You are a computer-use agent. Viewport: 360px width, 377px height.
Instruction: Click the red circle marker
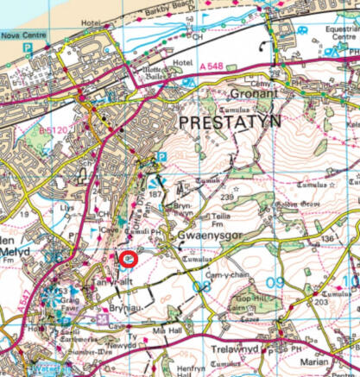(129, 259)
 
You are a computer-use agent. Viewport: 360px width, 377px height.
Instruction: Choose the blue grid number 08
(202, 285)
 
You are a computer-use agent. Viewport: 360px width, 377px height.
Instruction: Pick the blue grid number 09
(275, 283)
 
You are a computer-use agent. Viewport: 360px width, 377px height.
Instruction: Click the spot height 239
(226, 198)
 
